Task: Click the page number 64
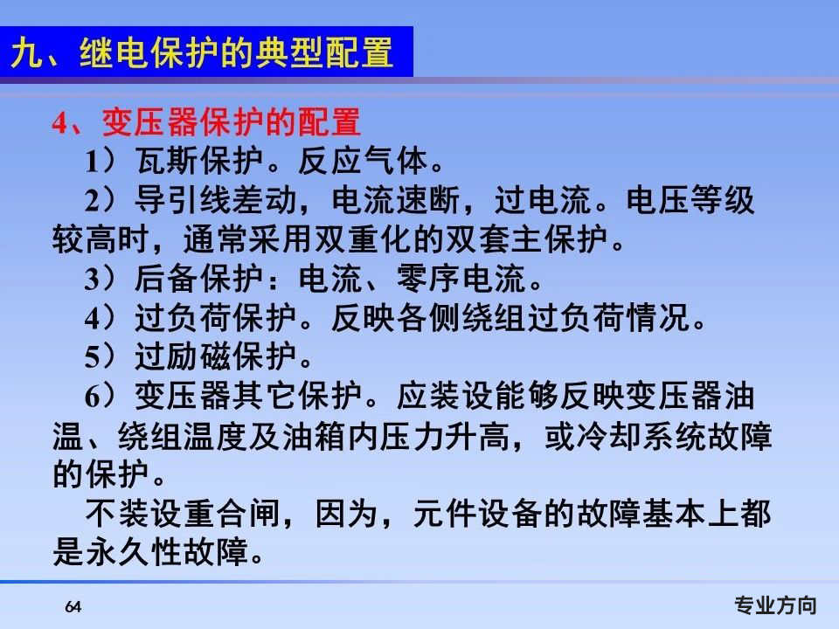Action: tap(73, 607)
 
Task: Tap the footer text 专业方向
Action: tap(775, 605)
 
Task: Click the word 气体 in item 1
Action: tap(395, 161)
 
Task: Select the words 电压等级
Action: tap(690, 201)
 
